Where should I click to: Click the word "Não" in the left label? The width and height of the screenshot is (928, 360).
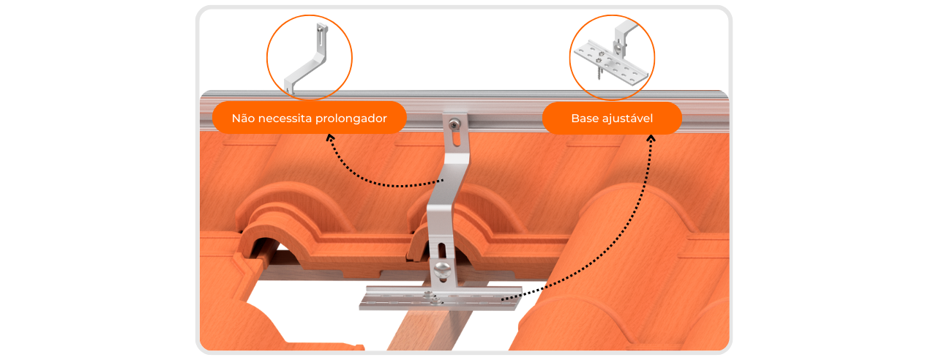[x=243, y=119]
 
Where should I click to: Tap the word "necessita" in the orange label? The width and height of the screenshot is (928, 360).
[x=285, y=119]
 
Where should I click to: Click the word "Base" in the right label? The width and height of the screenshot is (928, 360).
[x=585, y=119]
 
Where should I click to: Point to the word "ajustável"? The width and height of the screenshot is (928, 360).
[x=627, y=119]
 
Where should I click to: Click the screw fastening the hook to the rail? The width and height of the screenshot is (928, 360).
[x=454, y=124]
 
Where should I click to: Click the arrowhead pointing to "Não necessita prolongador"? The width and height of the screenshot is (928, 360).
[x=330, y=138]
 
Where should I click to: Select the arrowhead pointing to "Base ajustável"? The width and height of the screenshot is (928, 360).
[x=651, y=139]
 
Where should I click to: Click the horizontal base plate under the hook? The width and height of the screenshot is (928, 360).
[x=441, y=298]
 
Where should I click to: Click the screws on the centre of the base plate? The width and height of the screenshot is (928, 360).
[x=432, y=297]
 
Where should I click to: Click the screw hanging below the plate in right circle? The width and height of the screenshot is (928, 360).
[x=599, y=73]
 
